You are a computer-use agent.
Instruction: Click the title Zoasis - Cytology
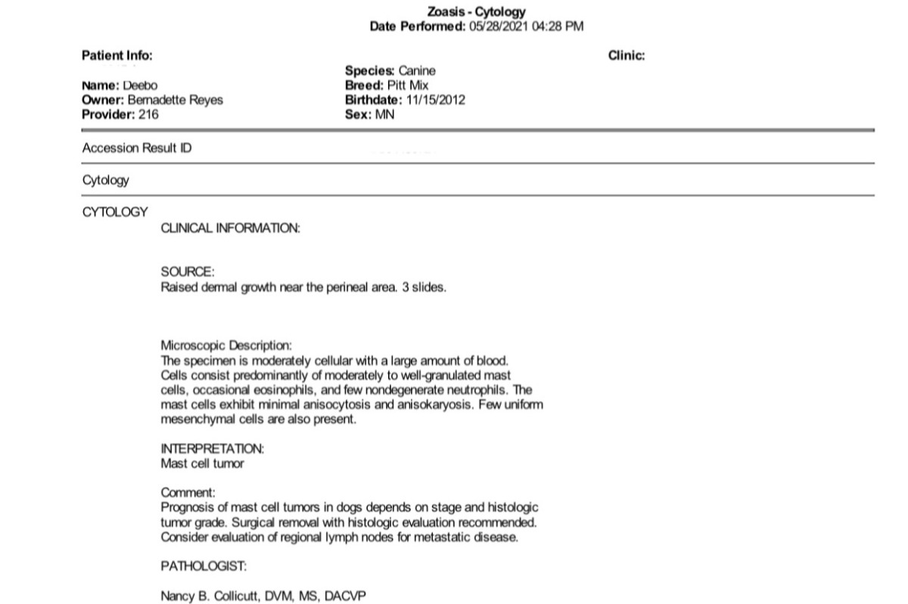tap(477, 12)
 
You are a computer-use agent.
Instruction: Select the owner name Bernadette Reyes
tap(176, 100)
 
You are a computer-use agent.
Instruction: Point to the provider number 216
tap(149, 114)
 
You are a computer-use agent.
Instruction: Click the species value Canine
tap(417, 70)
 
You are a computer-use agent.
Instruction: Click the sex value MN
tap(384, 114)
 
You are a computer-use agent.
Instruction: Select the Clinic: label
tap(627, 55)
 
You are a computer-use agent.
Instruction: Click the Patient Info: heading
tap(117, 55)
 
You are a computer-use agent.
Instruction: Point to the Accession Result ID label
tap(137, 148)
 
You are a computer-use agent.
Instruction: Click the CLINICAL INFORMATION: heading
tap(231, 228)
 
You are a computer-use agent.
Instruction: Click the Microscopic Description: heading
tap(226, 345)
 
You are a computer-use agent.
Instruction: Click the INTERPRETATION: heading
tap(213, 449)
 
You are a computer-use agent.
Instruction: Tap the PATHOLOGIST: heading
tap(204, 566)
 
